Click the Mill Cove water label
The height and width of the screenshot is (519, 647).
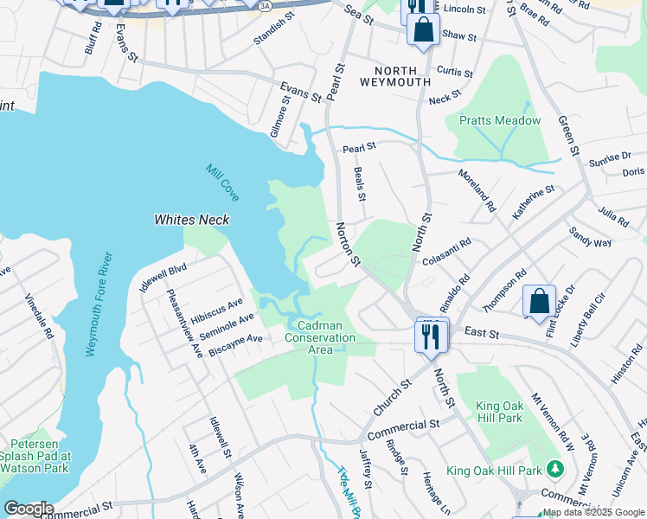(222, 183)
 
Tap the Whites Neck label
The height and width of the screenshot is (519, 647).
(192, 220)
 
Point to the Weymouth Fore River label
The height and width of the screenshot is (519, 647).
(98, 304)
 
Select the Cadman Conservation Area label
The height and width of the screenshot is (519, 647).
(320, 337)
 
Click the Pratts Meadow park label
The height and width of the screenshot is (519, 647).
(499, 121)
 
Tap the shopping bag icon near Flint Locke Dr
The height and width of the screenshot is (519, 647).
(539, 302)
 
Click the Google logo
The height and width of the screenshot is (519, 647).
(28, 509)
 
